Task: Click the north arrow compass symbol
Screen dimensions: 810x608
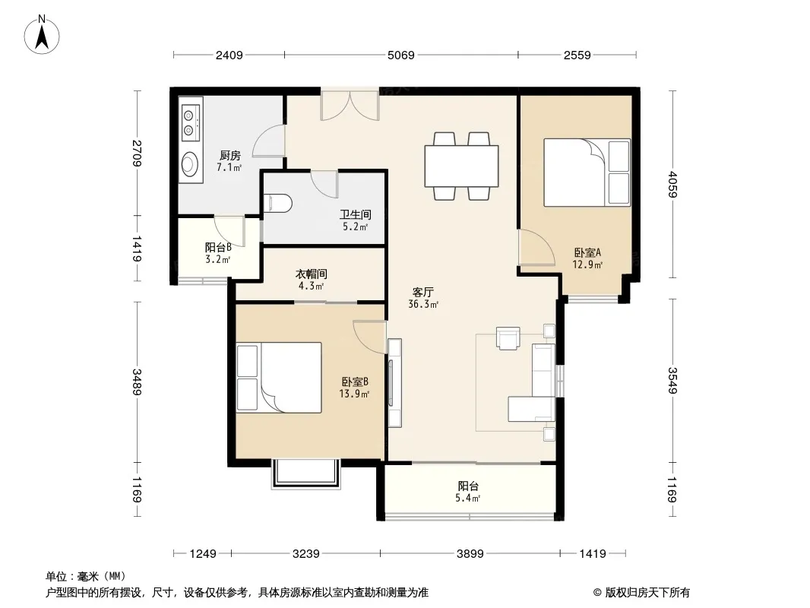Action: [42, 35]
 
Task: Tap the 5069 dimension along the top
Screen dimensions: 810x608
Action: [401, 55]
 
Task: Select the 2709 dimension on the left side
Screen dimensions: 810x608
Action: [137, 153]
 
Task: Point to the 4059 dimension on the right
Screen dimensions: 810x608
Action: [672, 185]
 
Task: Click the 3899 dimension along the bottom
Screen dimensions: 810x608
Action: [470, 554]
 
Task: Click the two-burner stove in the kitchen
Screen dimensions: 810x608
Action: [190, 122]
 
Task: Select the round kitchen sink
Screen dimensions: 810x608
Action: [190, 163]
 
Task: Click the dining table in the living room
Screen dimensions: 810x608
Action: [461, 166]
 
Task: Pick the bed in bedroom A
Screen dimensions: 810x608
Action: [587, 173]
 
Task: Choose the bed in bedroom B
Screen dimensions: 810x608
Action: [279, 378]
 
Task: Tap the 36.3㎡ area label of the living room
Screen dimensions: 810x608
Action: [423, 304]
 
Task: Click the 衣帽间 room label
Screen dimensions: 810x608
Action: [311, 274]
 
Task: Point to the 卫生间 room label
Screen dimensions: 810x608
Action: [356, 214]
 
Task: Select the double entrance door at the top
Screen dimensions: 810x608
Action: [350, 106]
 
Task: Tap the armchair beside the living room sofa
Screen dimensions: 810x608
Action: [508, 338]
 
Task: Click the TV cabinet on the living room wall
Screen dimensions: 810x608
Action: [394, 382]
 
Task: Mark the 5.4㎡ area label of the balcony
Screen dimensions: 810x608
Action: [468, 499]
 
